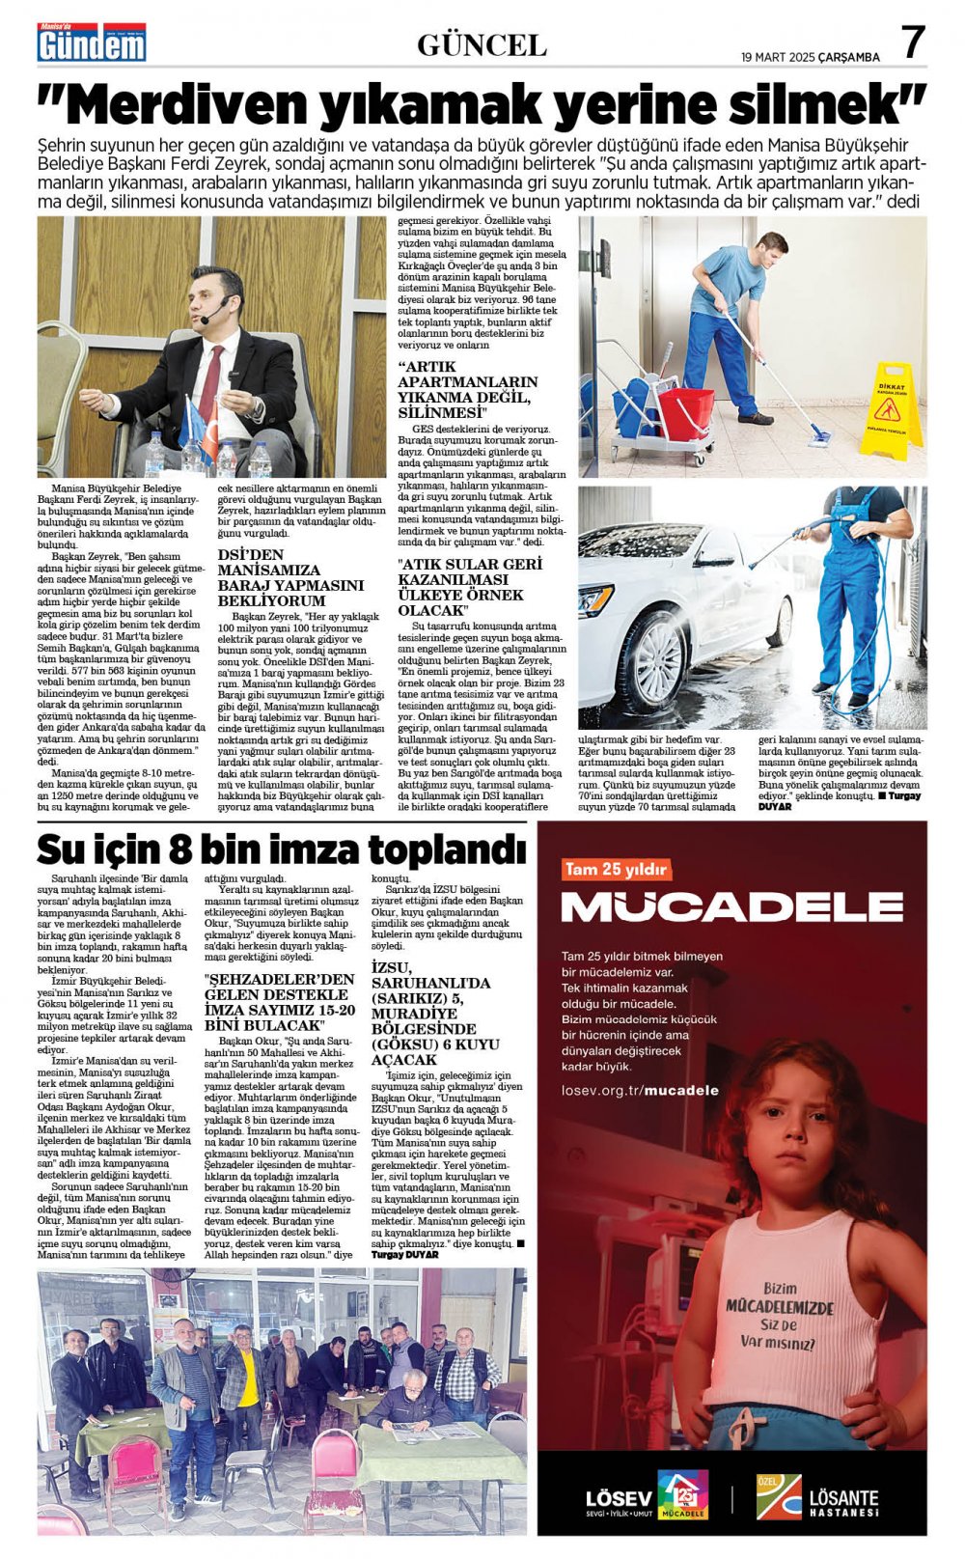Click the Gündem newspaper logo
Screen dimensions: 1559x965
(92, 43)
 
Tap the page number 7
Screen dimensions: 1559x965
(913, 42)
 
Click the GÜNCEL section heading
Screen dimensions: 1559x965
(482, 44)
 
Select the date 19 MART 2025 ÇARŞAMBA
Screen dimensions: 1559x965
(810, 57)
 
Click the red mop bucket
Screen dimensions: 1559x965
(686, 410)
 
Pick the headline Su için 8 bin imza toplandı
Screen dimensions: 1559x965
(281, 849)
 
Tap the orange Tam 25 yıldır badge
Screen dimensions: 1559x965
(617, 870)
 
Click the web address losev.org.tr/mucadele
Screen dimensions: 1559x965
(640, 1090)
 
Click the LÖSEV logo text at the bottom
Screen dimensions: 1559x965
(619, 1499)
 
